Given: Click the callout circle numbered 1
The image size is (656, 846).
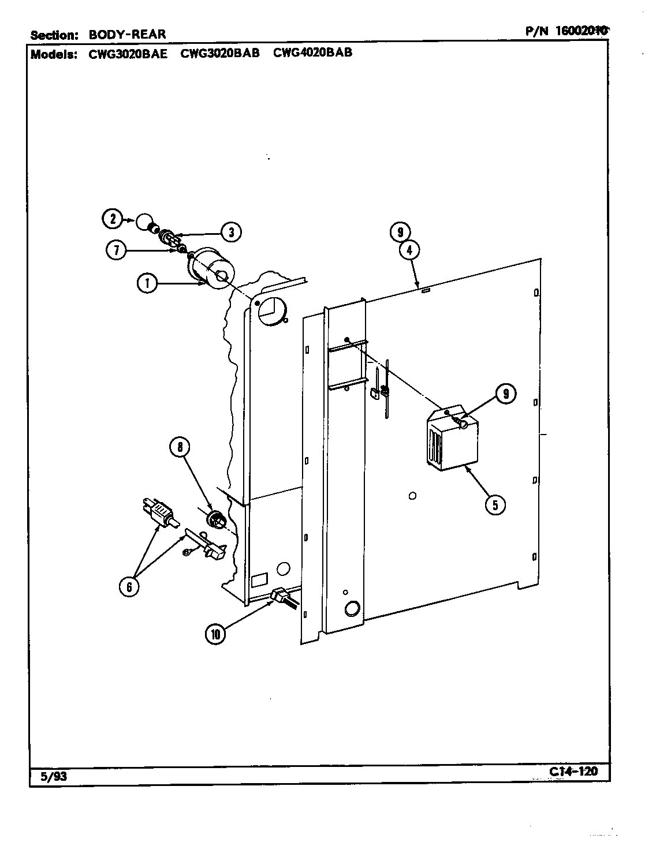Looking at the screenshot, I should [148, 283].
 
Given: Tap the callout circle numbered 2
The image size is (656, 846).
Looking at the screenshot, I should [113, 219].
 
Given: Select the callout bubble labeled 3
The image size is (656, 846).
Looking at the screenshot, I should [230, 232].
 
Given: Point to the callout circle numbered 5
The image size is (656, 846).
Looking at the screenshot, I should [494, 504].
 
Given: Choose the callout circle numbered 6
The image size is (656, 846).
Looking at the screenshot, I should [129, 586].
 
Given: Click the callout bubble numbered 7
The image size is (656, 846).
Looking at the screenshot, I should [117, 250].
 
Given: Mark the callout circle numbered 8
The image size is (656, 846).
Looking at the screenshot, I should [180, 446].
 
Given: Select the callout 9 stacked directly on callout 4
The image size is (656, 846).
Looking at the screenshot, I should [400, 233].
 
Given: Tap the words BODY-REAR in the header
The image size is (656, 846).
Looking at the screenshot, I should [127, 34].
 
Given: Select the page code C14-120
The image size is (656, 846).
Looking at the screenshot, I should [574, 772].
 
